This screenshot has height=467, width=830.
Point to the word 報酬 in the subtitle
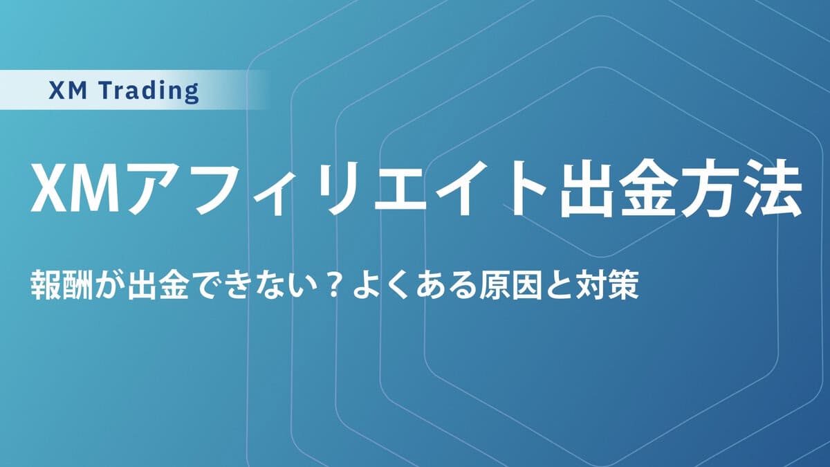[62, 286]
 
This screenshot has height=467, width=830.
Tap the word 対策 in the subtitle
[608, 286]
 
